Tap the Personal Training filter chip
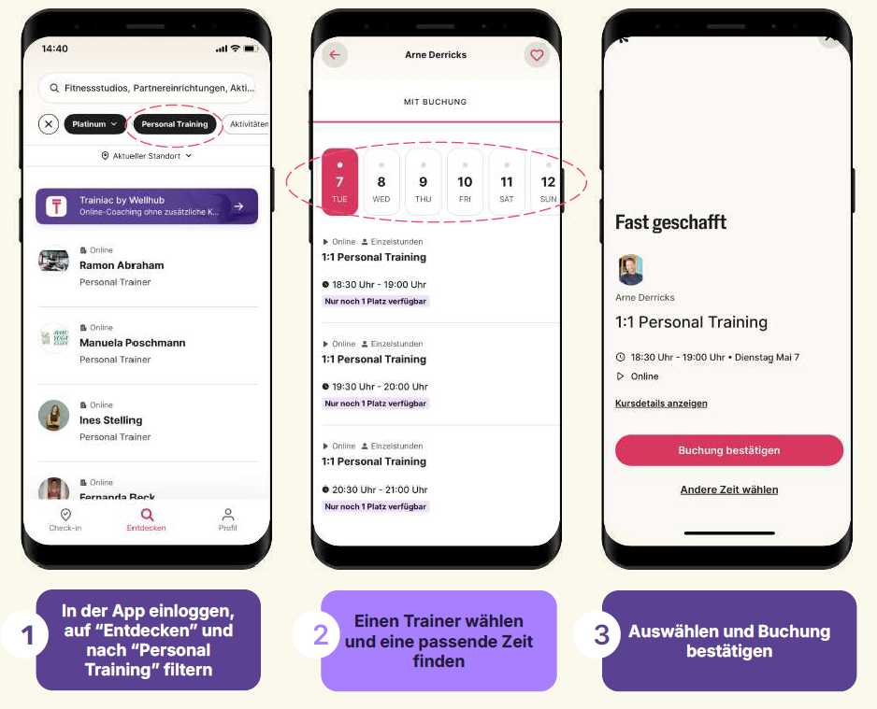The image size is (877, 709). (175, 124)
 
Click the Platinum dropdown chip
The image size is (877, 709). (94, 124)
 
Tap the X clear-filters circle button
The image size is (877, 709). (49, 124)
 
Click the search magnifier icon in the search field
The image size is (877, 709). (54, 88)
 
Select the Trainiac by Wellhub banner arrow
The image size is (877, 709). (238, 206)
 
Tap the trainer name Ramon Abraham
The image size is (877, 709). (122, 265)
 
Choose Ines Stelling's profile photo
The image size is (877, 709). (53, 416)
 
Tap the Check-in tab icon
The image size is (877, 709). (65, 514)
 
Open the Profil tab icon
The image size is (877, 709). (227, 514)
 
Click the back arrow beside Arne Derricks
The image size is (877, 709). (335, 55)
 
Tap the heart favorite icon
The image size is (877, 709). (537, 55)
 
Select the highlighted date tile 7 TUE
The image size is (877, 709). (339, 181)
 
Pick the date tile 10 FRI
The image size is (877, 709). (465, 181)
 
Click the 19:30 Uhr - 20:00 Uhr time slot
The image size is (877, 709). (380, 387)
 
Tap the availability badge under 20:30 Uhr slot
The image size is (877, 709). (375, 506)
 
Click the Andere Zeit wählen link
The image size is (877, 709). (728, 490)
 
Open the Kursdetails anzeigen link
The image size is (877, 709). (661, 404)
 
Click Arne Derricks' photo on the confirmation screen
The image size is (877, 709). (630, 270)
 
